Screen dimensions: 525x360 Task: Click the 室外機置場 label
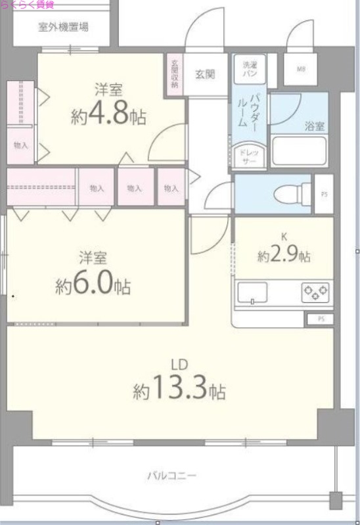(64, 28)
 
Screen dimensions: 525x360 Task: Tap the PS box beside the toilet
(323, 193)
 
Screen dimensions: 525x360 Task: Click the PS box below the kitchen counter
(321, 319)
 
